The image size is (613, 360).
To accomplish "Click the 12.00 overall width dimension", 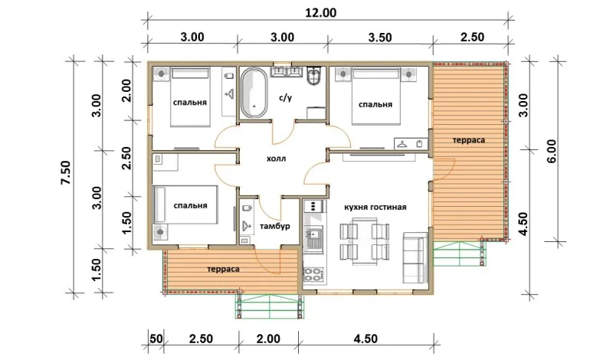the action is pos(320,12).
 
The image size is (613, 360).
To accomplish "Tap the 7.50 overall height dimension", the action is pos(65,172).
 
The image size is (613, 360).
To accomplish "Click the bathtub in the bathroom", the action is pos(254,93).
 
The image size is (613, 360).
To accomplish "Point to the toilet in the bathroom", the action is pos(314,76).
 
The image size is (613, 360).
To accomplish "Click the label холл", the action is pos(276,159).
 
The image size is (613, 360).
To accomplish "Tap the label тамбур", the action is pos(274,226).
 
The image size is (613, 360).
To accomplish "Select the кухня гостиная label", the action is pos(375,207).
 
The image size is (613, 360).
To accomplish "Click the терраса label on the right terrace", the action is pos(469,140).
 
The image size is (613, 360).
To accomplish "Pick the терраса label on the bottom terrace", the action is pos(223,269).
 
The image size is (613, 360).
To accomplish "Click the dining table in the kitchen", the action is pos(365,241).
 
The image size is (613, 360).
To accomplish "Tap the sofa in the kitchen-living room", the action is pos(415,258).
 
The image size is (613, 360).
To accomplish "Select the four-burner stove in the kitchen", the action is pos(313,274).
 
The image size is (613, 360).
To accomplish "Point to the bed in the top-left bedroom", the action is pos(190,97).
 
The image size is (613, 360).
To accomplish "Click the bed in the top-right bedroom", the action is pos(376,97).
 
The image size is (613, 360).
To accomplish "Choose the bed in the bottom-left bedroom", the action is pos(185,205).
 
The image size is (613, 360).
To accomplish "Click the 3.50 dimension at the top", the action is pos(380,38).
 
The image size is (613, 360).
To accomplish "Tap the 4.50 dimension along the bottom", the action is pos(366,339).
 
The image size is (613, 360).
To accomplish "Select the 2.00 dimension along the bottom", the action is pos(268,339).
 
